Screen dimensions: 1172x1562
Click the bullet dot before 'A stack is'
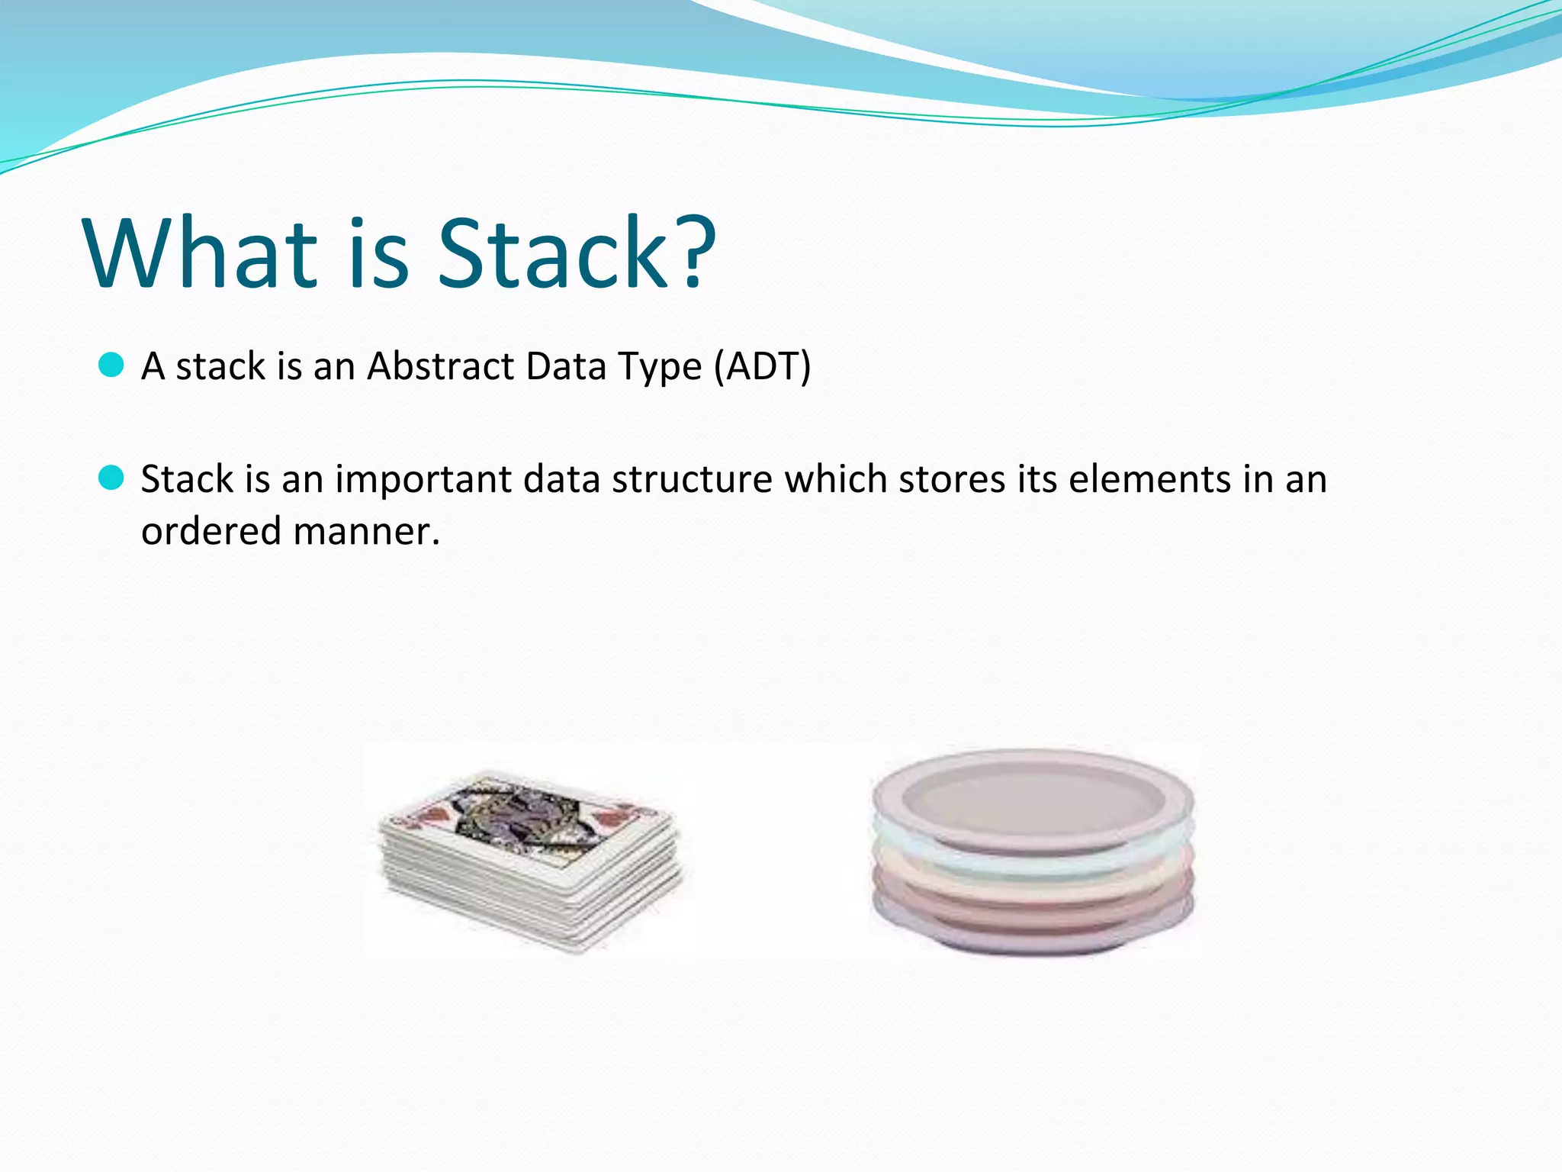(111, 365)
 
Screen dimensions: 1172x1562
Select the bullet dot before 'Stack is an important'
(111, 478)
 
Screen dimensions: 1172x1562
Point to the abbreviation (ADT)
(762, 366)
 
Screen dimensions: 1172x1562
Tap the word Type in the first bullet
(660, 368)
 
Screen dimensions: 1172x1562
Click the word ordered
(211, 531)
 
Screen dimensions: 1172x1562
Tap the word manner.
(366, 532)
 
